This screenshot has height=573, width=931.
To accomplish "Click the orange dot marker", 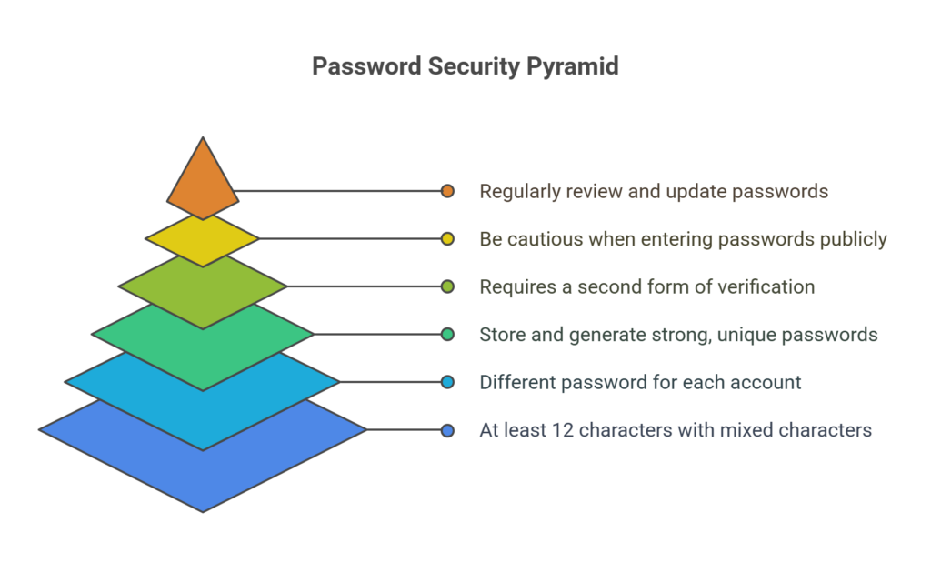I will pos(447,191).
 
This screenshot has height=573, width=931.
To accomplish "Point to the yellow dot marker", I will pos(447,239).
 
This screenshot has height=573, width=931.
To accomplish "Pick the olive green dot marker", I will pos(447,286).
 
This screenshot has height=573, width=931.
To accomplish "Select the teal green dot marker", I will pos(447,335).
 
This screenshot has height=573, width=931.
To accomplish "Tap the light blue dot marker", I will pos(447,382).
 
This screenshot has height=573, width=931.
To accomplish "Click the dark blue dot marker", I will pos(447,430).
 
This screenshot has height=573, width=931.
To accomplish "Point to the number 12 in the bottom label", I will pos(562,430).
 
